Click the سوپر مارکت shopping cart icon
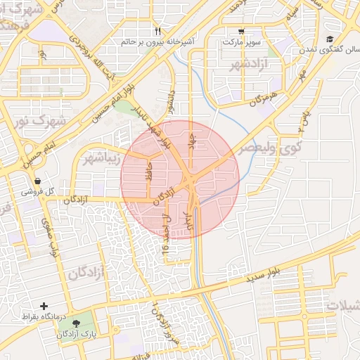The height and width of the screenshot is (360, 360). click(242, 31)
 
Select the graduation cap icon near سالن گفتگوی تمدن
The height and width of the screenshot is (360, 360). click(330, 39)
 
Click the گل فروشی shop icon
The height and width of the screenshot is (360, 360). click(47, 181)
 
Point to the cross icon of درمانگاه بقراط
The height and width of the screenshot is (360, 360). click(45, 306)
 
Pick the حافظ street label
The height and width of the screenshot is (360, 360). click(148, 171)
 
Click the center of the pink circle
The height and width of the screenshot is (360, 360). click(180, 179)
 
